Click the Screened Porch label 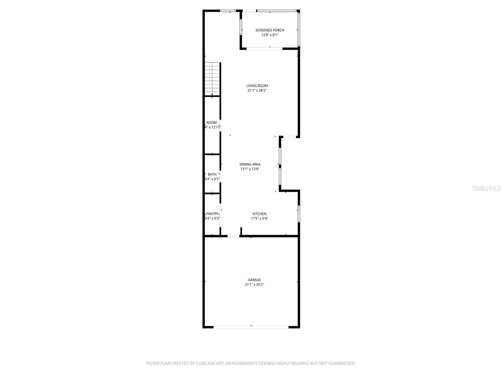pyautogui.click(x=270, y=30)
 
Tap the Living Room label pyautogui.click(x=257, y=86)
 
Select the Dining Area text pyautogui.click(x=250, y=164)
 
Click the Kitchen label pyautogui.click(x=259, y=214)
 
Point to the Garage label pyautogui.click(x=254, y=280)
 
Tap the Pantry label pyautogui.click(x=212, y=214)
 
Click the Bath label pyautogui.click(x=212, y=174)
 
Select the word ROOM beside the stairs pyautogui.click(x=211, y=123)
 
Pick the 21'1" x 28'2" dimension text pyautogui.click(x=257, y=91)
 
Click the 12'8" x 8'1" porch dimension pyautogui.click(x=270, y=35)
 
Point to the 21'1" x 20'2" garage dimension pyautogui.click(x=254, y=285)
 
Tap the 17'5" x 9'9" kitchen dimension pyautogui.click(x=259, y=219)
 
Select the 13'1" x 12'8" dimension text pyautogui.click(x=250, y=169)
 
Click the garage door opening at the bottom pyautogui.click(x=251, y=327)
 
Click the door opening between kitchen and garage pyautogui.click(x=233, y=236)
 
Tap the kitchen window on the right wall pyautogui.click(x=299, y=214)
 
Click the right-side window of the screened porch pyautogui.click(x=299, y=29)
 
